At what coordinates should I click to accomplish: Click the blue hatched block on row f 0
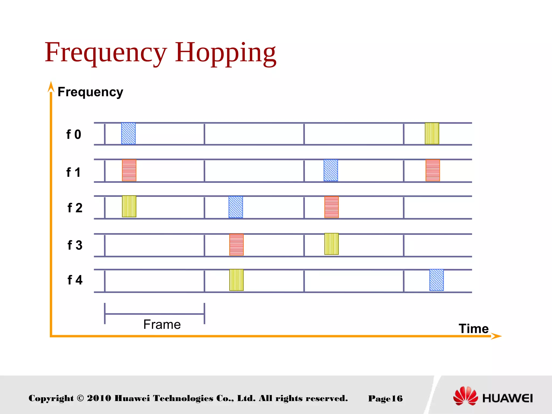(x=128, y=133)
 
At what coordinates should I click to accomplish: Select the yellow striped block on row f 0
(x=432, y=133)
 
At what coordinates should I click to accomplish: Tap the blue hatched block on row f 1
(x=331, y=170)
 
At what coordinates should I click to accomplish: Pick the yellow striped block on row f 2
(x=129, y=206)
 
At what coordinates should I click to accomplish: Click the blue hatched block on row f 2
(x=236, y=207)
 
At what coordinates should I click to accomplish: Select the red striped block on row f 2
(x=331, y=207)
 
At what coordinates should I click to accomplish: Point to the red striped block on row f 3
(x=236, y=244)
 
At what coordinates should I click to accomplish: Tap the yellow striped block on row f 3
(x=331, y=244)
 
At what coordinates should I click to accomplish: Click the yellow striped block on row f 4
(x=236, y=280)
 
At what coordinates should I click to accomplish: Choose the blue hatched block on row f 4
(x=436, y=280)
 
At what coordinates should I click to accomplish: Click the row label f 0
(x=74, y=134)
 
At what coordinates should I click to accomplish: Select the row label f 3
(x=75, y=245)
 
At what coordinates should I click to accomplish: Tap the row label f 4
(x=75, y=280)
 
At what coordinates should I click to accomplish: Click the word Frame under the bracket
(x=162, y=324)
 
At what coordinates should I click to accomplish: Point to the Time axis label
(x=474, y=329)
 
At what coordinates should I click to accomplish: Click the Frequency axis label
(x=90, y=92)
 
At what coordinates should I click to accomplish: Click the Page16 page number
(x=385, y=398)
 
